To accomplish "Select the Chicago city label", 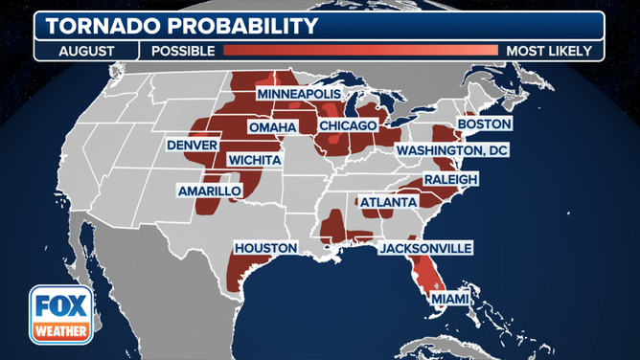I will [349, 125].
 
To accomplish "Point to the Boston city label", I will [485, 124].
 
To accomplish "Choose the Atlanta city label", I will [388, 202].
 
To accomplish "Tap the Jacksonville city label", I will [425, 248].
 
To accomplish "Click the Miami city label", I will [450, 299].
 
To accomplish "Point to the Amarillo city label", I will [209, 191].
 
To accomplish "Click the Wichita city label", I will [255, 159].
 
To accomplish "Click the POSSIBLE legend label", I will [179, 51].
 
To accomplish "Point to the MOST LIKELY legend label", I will [551, 51].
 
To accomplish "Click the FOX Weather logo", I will [60, 314].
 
